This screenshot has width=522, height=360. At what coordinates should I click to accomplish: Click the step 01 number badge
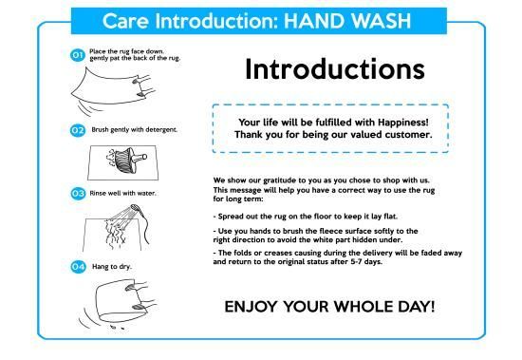(x=77, y=55)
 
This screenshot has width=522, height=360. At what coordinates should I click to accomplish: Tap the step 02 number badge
(x=78, y=130)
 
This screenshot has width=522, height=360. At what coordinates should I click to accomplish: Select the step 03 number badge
(x=78, y=194)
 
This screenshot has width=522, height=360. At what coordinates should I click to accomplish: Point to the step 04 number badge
(x=78, y=267)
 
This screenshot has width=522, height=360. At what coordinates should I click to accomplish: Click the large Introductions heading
(x=335, y=69)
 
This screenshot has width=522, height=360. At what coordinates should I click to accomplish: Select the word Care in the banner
(x=125, y=21)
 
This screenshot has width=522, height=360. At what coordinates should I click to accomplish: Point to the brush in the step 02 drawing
(x=126, y=160)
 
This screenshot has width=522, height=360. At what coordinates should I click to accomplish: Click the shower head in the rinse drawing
(x=135, y=208)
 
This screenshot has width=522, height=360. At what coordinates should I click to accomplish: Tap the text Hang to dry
(x=112, y=267)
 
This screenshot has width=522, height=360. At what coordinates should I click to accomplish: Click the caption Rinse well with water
(x=122, y=194)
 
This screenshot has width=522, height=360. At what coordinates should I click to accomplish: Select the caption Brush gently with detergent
(x=134, y=130)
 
